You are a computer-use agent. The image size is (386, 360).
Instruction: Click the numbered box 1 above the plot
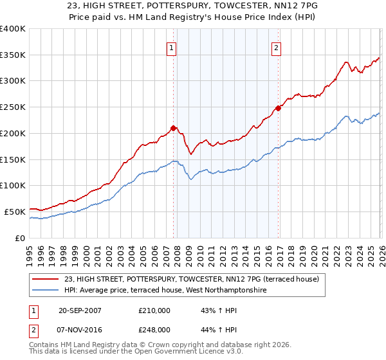172,48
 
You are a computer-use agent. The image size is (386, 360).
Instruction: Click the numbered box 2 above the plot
276,48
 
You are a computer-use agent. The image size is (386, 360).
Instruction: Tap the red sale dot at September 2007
173,127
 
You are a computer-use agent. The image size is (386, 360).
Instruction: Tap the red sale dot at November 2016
279,108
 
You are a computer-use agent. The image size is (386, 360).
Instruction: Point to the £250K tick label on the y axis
12,107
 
